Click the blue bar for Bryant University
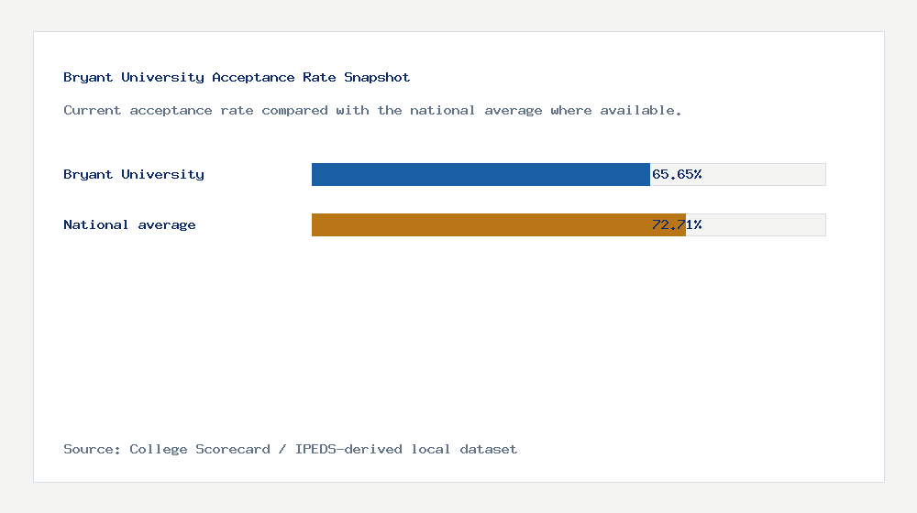pos(481,174)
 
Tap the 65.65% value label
pos(677,174)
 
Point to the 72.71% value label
pos(677,224)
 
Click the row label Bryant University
pos(134,174)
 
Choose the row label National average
pos(129,224)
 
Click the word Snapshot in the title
pos(377,78)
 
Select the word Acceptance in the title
pos(253,78)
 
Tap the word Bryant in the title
pos(88,78)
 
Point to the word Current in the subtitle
pos(93,111)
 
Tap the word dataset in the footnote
pos(489,450)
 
